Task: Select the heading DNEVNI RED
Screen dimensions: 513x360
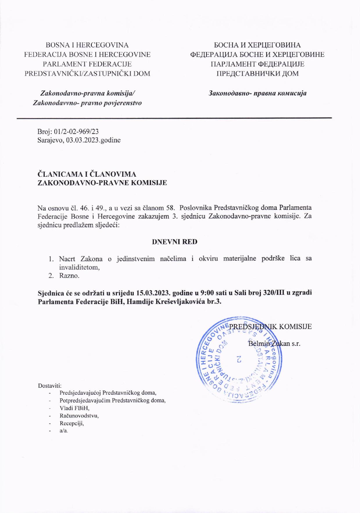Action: click(x=175, y=242)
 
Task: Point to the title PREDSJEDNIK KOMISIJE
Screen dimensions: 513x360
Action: click(x=270, y=326)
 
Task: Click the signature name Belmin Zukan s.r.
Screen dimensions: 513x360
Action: click(x=274, y=344)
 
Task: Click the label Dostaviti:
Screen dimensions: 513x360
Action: click(x=50, y=386)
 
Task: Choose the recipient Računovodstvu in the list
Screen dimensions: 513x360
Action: click(x=79, y=416)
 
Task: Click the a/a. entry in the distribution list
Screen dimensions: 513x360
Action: click(x=64, y=431)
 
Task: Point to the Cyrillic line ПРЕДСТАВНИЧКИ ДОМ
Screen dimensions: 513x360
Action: click(x=257, y=74)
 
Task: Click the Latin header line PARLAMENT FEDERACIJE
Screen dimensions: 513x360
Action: click(x=87, y=64)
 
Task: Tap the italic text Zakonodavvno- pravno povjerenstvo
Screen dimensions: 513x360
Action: click(x=87, y=103)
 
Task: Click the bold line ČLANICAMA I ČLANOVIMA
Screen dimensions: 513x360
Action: click(x=87, y=174)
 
